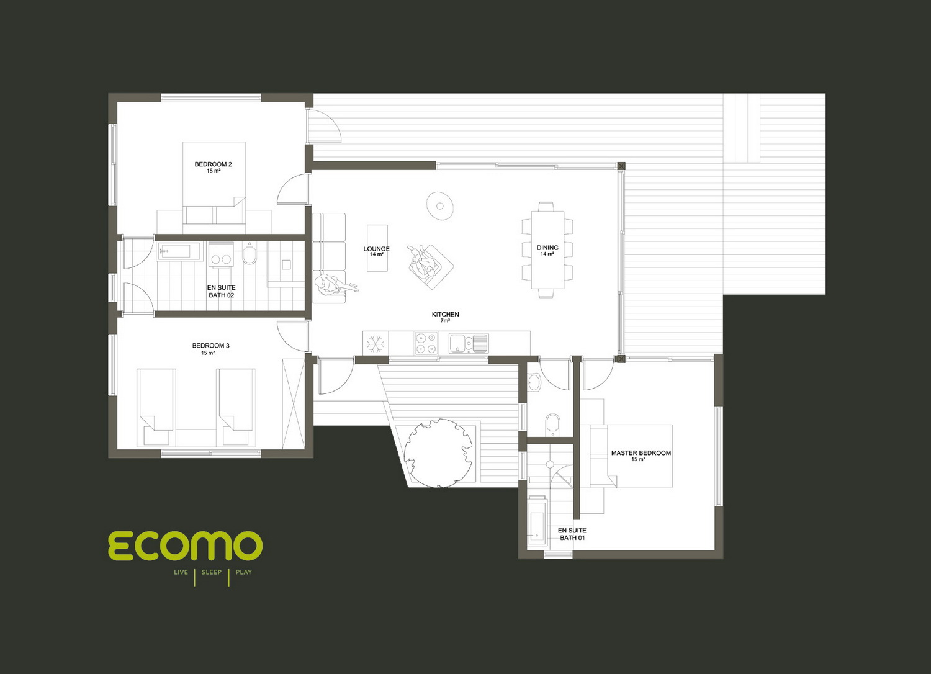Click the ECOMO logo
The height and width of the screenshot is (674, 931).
[186, 545]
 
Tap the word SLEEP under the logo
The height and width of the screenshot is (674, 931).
[212, 572]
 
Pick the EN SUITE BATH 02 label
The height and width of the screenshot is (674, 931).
[221, 291]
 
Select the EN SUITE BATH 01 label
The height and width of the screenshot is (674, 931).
[572, 534]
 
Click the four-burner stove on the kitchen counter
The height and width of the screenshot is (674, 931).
[426, 343]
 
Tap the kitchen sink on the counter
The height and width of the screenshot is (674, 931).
[469, 343]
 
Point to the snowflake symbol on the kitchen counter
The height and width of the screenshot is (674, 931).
[376, 344]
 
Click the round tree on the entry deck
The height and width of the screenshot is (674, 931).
[438, 453]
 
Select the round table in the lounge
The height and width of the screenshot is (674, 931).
[439, 205]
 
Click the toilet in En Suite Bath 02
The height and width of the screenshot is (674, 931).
[250, 253]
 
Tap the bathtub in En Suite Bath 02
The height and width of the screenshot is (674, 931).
[179, 251]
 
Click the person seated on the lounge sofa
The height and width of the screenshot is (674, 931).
[335, 285]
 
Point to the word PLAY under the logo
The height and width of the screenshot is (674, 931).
[243, 572]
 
